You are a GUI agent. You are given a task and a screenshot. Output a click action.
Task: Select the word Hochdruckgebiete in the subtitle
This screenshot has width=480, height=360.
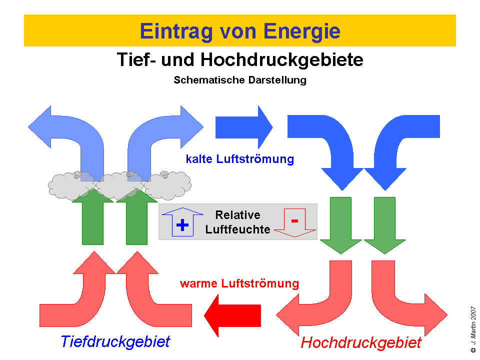click(x=281, y=60)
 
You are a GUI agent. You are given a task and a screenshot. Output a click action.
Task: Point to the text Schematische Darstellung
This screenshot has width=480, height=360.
click(x=240, y=79)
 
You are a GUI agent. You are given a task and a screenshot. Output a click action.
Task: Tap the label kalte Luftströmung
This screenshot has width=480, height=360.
click(x=240, y=159)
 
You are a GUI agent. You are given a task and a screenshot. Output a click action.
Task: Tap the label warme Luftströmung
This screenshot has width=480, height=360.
click(x=239, y=284)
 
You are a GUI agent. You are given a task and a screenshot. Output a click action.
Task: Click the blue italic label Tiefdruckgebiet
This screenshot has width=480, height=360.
click(x=115, y=341)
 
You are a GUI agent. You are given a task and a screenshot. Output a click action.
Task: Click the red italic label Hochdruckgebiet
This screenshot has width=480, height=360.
click(x=361, y=343)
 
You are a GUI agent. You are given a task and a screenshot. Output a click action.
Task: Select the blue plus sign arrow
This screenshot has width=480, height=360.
click(x=183, y=223)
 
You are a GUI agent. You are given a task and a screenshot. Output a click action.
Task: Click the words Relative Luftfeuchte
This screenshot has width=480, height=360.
click(x=238, y=222)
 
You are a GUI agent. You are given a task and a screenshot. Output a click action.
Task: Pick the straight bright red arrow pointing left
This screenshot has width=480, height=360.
click(x=233, y=315)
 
